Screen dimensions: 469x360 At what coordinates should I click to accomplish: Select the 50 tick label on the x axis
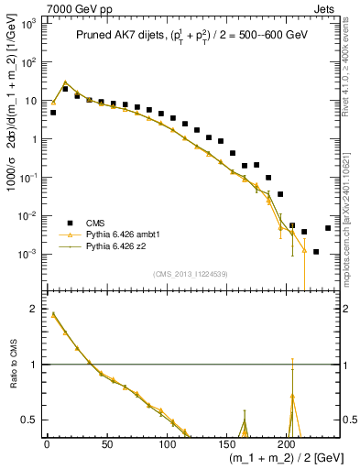(x=106, y=444)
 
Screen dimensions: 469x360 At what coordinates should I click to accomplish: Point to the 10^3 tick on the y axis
(x=28, y=24)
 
